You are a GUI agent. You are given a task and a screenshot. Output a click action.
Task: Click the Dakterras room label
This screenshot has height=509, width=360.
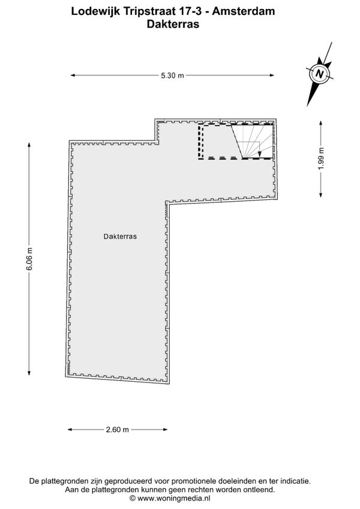click(x=120, y=236)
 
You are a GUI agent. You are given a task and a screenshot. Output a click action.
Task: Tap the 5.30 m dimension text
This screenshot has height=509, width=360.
click(x=172, y=75)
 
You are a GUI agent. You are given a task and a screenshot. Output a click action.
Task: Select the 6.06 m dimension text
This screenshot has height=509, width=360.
click(x=29, y=259)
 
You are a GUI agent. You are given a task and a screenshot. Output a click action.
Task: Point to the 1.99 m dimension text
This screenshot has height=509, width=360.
click(x=321, y=158)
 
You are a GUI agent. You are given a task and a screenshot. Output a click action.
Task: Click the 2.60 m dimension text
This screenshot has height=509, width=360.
click(x=118, y=430)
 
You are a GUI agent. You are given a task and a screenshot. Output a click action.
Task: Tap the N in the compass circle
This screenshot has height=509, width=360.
click(x=320, y=74)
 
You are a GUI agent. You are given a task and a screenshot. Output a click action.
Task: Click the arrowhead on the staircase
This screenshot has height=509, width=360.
click(x=259, y=154)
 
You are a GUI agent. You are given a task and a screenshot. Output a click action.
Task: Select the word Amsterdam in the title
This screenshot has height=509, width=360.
click(x=244, y=11)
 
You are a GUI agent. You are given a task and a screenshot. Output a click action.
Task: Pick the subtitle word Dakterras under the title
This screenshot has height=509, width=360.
click(x=173, y=25)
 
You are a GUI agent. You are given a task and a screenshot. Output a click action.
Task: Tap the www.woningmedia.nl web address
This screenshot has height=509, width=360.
click(x=174, y=498)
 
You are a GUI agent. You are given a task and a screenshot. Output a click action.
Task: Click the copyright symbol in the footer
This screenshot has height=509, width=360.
click(x=133, y=498)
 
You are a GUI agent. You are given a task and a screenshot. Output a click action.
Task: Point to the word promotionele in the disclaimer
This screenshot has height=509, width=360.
click(x=191, y=481)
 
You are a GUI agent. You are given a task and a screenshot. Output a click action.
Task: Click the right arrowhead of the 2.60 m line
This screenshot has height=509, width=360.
click(x=165, y=430)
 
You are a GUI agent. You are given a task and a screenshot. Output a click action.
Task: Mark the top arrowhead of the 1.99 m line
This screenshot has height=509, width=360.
click(x=321, y=123)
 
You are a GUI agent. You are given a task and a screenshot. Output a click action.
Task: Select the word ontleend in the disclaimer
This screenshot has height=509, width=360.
click(x=261, y=490)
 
